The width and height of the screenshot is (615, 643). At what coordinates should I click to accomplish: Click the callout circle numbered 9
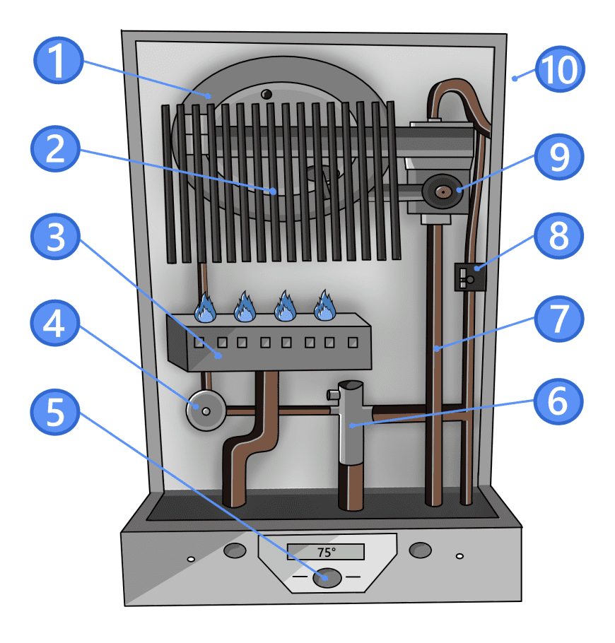point(558,157)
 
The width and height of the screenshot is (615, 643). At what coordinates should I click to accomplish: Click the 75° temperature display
point(326,552)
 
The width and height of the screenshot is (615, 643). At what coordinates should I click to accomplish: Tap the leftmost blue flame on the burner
point(205,308)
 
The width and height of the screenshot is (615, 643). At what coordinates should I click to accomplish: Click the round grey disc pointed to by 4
point(205,411)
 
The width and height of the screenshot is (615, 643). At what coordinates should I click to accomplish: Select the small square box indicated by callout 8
point(464,276)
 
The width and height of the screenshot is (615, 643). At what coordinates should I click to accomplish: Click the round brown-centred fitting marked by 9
point(443,191)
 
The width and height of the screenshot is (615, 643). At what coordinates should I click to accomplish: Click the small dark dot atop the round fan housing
point(266,94)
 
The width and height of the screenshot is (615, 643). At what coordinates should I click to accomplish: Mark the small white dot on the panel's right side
point(460,557)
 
